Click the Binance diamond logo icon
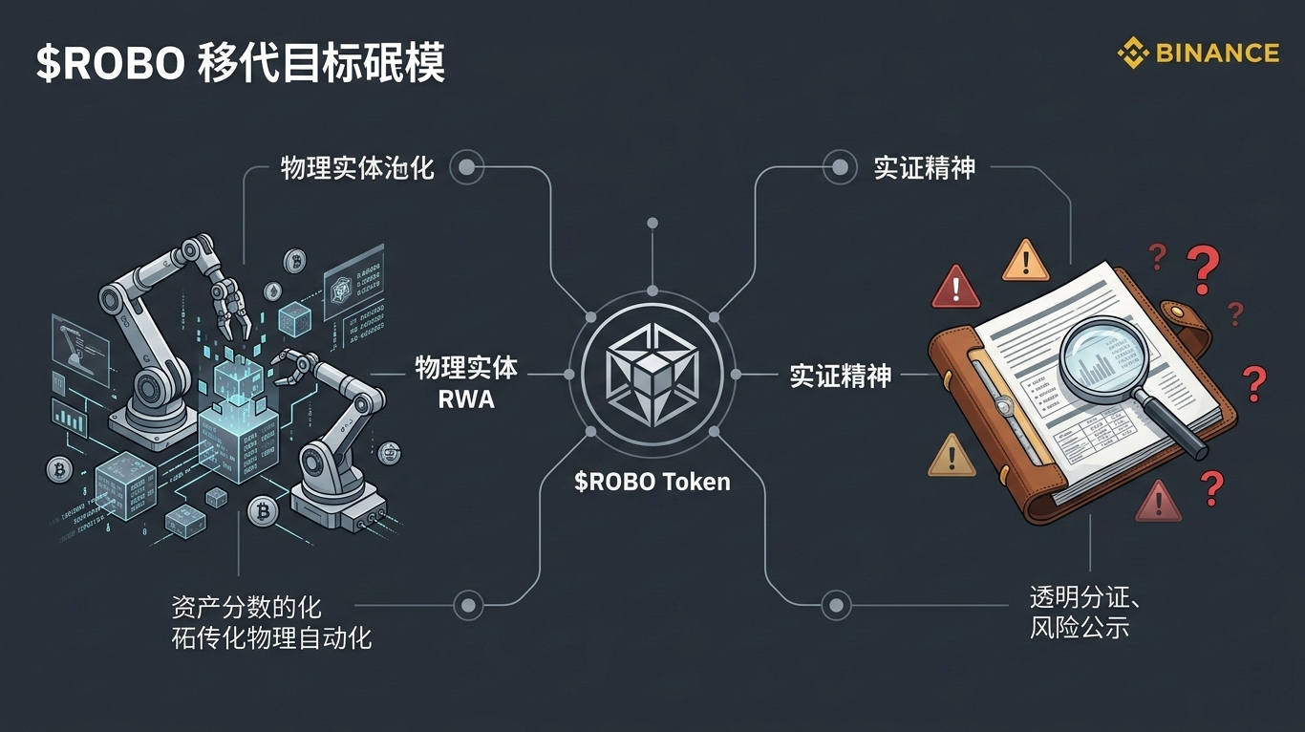[x=1134, y=53]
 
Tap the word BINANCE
[x=1217, y=53]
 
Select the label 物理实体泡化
[x=357, y=169]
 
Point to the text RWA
[x=466, y=399]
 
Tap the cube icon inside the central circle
[x=652, y=374]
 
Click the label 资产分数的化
[x=246, y=607]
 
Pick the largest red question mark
[x=1203, y=269]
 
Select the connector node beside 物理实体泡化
[x=466, y=169]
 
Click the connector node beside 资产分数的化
[x=467, y=605]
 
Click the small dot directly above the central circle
[x=652, y=224]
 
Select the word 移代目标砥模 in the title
[x=322, y=64]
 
